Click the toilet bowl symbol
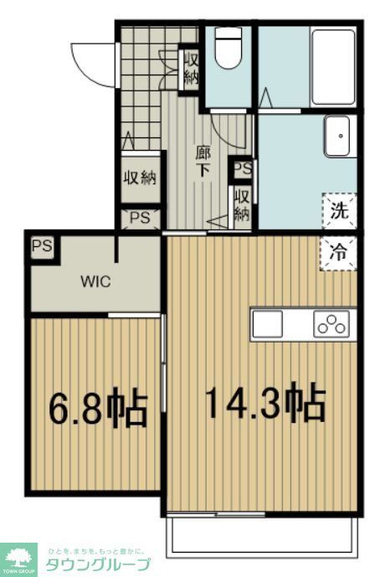[228, 52]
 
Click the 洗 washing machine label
[338, 210]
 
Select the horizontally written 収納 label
[140, 178]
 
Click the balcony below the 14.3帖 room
[264, 536]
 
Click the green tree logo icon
[20, 557]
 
